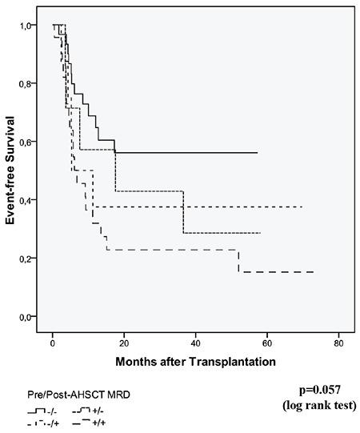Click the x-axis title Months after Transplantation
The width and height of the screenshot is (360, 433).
pos(195,361)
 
